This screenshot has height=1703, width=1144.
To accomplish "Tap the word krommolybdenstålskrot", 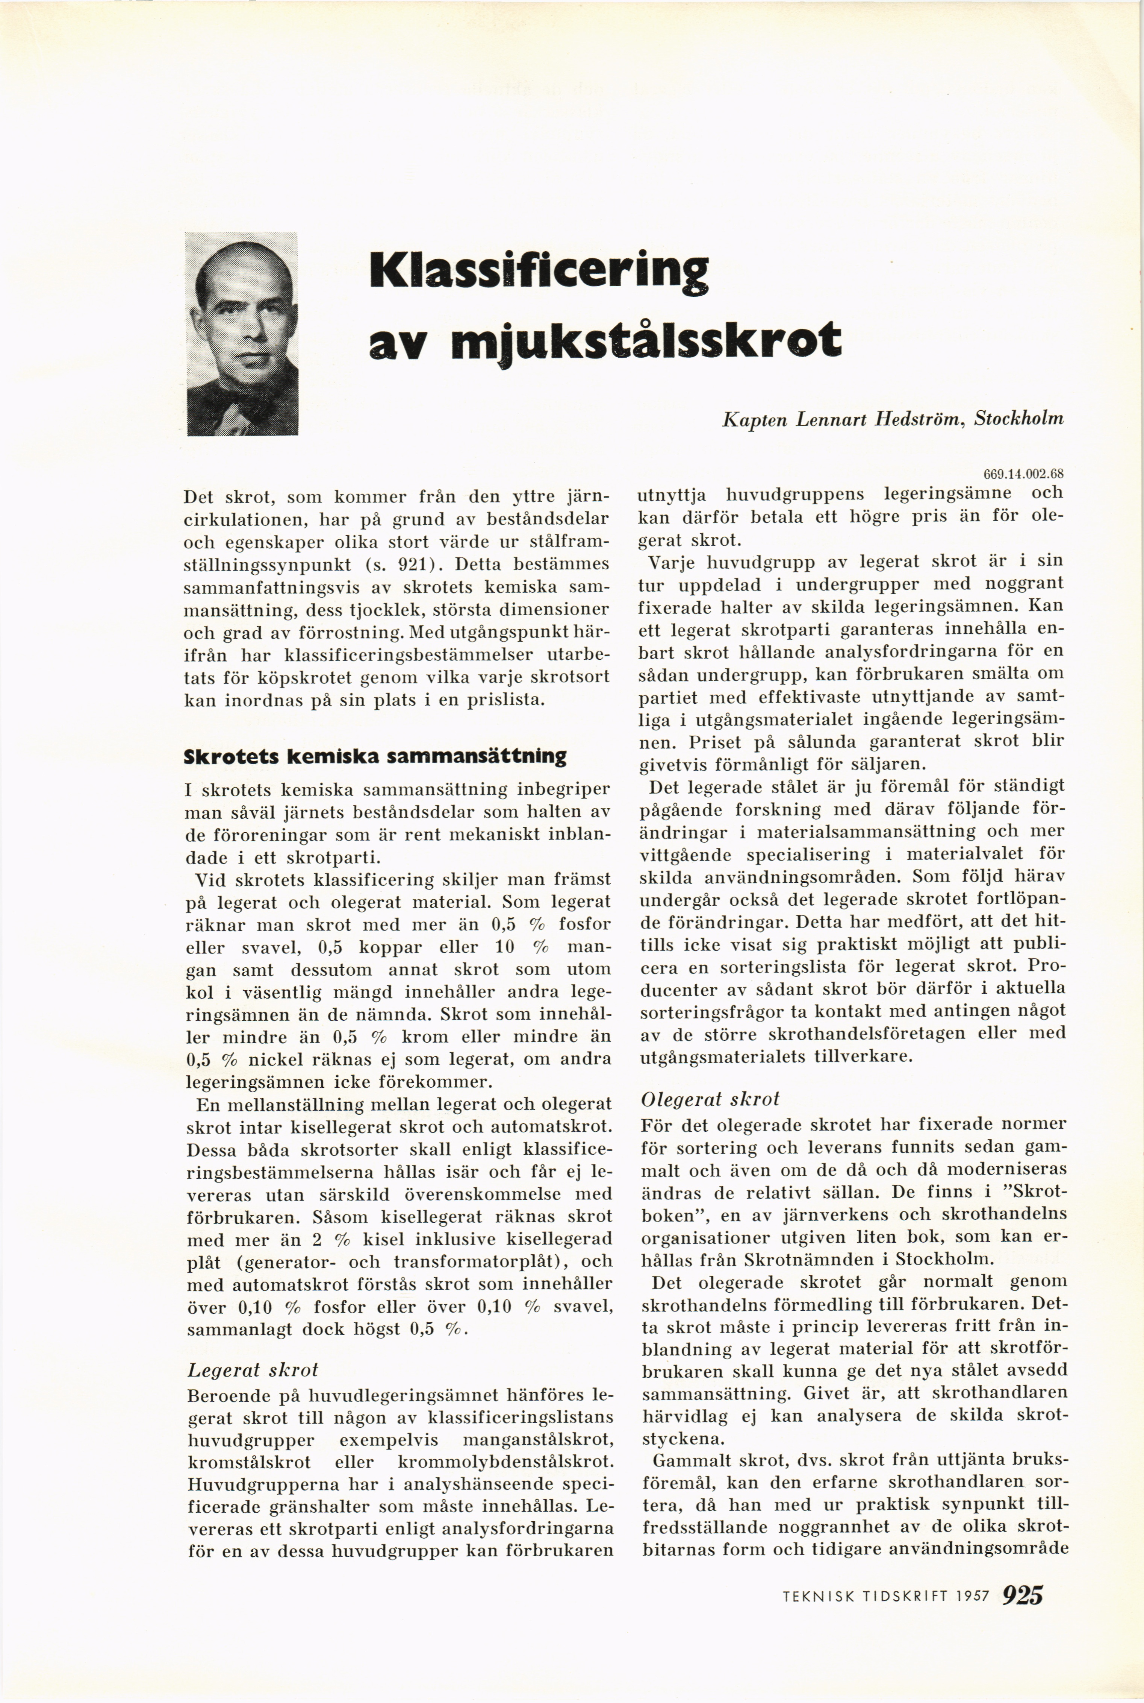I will pyautogui.click(x=504, y=1462).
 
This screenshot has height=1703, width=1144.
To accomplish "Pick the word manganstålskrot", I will pyautogui.click(x=538, y=1439).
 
